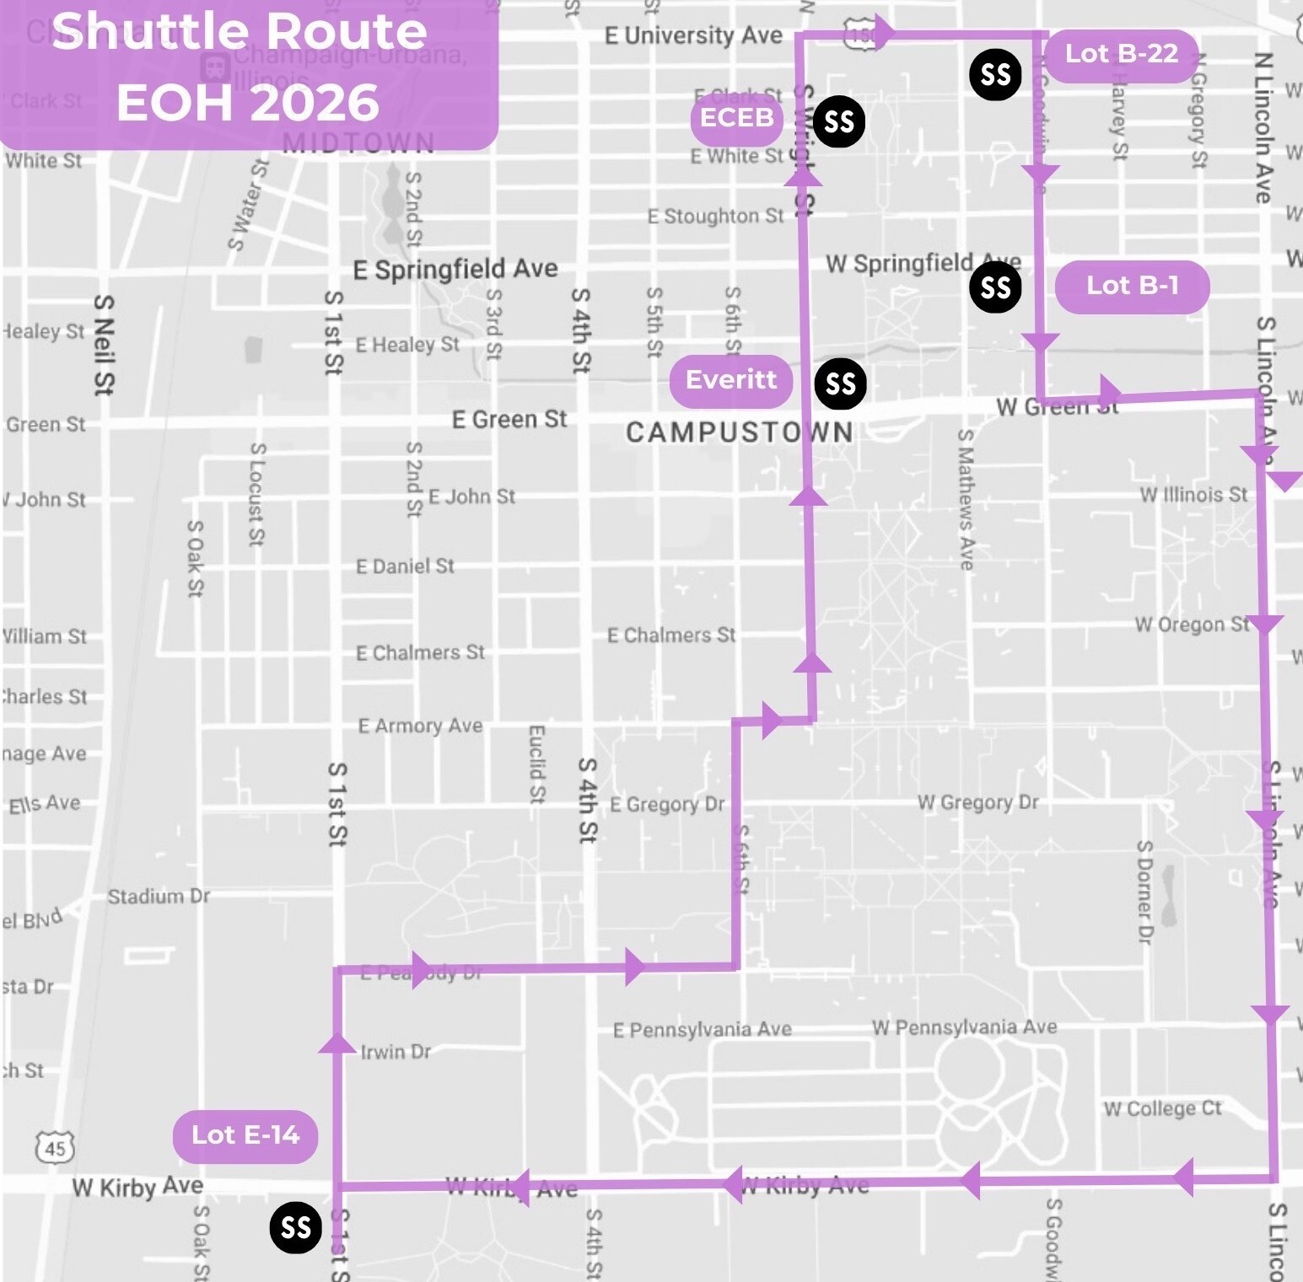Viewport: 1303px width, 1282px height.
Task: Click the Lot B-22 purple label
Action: tap(1121, 55)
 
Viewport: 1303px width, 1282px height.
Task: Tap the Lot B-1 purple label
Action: tap(1132, 287)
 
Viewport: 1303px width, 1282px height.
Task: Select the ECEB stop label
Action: tap(736, 118)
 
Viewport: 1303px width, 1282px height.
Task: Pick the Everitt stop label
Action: tap(730, 380)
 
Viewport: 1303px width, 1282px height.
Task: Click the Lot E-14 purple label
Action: tap(245, 1135)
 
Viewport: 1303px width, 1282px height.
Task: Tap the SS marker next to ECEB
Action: tap(839, 122)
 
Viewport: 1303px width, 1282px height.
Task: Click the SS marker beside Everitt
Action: tap(840, 384)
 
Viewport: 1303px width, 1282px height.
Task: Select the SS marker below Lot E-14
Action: tap(295, 1227)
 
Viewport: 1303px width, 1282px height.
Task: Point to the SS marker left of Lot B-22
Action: tap(995, 75)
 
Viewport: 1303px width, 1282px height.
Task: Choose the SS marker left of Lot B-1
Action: tap(995, 287)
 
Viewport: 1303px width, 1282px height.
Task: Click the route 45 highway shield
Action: tap(55, 1148)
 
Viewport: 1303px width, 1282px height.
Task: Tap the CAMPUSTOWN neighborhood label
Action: tap(739, 432)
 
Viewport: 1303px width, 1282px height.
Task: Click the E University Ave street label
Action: tap(693, 35)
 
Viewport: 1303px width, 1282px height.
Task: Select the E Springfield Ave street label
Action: tap(455, 270)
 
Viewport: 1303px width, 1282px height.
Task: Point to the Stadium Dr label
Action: tap(159, 896)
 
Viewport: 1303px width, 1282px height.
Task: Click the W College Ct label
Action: tap(1162, 1108)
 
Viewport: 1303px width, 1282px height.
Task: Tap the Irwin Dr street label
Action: tap(396, 1052)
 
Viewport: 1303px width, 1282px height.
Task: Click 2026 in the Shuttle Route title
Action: tap(314, 103)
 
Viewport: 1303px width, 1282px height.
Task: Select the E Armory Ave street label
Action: tap(420, 726)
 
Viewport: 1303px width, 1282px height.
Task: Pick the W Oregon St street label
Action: tap(1191, 625)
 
